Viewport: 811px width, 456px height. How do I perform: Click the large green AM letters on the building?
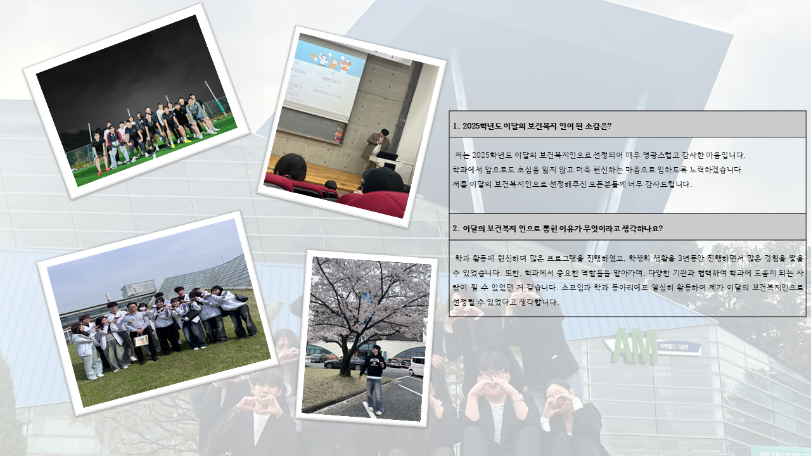click(x=635, y=346)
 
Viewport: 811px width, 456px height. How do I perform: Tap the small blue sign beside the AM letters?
click(x=679, y=348)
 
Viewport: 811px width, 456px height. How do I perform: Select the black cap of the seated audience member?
click(x=383, y=180)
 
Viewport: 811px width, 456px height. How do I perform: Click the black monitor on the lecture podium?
click(x=387, y=156)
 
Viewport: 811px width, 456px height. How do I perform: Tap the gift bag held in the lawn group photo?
click(x=141, y=341)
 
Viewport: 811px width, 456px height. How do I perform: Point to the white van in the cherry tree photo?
click(x=416, y=366)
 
